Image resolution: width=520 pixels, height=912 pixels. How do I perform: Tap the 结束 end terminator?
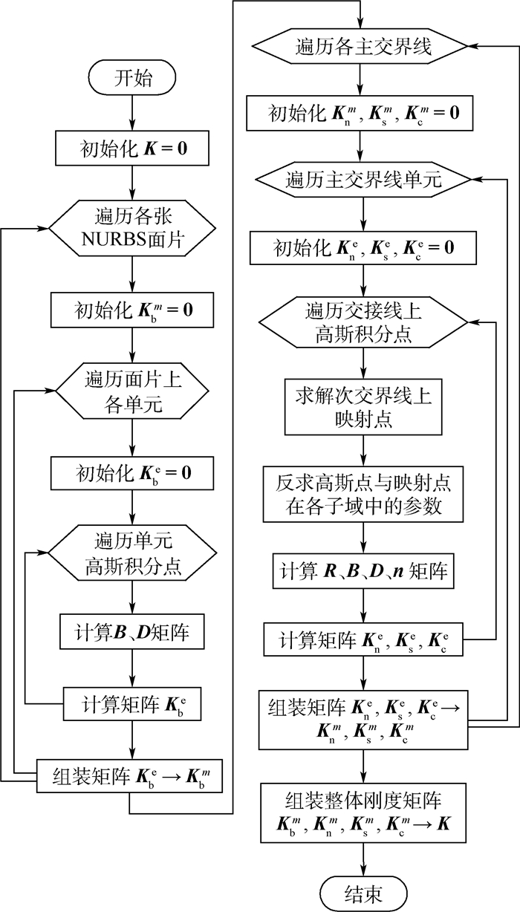coord(364,888)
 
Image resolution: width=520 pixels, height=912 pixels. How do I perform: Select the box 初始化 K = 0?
coord(131,151)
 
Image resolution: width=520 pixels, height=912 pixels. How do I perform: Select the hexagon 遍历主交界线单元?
coord(364,180)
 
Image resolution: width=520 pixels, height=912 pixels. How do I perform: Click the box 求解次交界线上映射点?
coord(364,407)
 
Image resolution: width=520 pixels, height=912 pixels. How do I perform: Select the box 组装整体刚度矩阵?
coord(364,812)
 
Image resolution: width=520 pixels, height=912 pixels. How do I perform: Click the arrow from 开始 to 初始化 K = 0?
coord(131,111)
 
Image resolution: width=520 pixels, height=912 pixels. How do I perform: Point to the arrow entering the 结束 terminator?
coord(364,856)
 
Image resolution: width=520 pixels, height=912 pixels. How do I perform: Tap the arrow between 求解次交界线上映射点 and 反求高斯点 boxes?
coord(364,450)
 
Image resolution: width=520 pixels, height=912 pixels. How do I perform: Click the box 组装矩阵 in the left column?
coord(131,777)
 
